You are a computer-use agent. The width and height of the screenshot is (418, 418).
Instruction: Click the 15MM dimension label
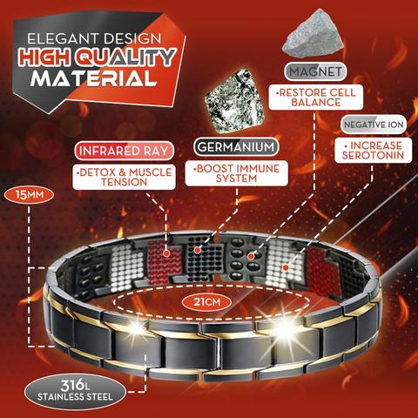pos(29,195)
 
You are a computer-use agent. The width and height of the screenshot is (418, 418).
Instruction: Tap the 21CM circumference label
pos(206,302)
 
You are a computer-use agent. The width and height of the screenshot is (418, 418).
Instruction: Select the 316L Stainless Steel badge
pos(75,392)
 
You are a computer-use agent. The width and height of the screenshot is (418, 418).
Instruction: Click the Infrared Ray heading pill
pos(124,151)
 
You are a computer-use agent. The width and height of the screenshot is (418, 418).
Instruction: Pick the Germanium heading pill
pos(236,147)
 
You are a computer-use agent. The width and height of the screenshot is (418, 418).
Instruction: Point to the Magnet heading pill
pos(315,71)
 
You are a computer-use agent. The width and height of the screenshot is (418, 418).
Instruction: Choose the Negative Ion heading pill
pos(374,125)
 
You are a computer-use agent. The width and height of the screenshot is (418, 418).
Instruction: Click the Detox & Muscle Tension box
pos(125,177)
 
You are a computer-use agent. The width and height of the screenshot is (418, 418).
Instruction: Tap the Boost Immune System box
pos(237,173)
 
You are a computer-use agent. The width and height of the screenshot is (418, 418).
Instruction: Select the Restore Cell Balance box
pos(316,98)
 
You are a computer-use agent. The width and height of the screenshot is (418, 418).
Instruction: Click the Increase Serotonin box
pos(374,150)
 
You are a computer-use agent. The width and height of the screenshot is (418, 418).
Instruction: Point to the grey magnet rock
pos(313,34)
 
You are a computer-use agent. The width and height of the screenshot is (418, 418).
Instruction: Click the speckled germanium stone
pos(234,100)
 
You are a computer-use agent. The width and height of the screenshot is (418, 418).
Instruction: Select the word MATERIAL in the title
pos(93,78)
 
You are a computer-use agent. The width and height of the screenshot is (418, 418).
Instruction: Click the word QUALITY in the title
pos(125,57)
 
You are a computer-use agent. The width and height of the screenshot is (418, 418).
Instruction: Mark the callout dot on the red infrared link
pos(166,253)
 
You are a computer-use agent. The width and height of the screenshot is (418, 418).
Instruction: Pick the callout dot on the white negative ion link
pos(287,267)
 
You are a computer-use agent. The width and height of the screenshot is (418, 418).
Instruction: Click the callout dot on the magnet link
pos(250,256)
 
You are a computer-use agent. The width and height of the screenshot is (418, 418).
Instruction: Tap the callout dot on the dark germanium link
pos(198,250)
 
